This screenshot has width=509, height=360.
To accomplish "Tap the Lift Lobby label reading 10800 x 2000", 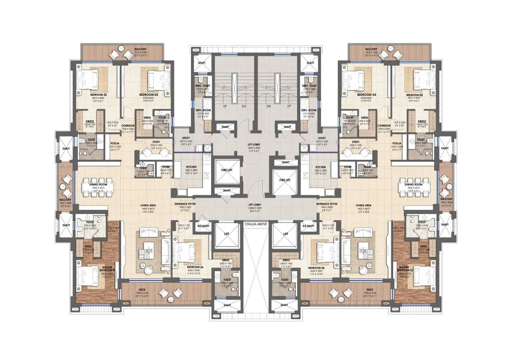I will tap(254, 203).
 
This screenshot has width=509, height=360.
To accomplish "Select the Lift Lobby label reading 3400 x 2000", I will tap(254, 144).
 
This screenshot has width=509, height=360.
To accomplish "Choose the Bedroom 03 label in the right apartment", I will tap(366, 95).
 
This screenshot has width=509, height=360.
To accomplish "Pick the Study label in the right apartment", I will tap(356, 143).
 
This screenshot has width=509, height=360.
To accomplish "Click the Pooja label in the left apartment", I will tap(115, 144).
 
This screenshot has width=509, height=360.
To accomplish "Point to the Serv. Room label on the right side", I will tap(309, 110).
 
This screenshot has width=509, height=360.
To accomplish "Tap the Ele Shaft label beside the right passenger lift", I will tap(308, 225).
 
